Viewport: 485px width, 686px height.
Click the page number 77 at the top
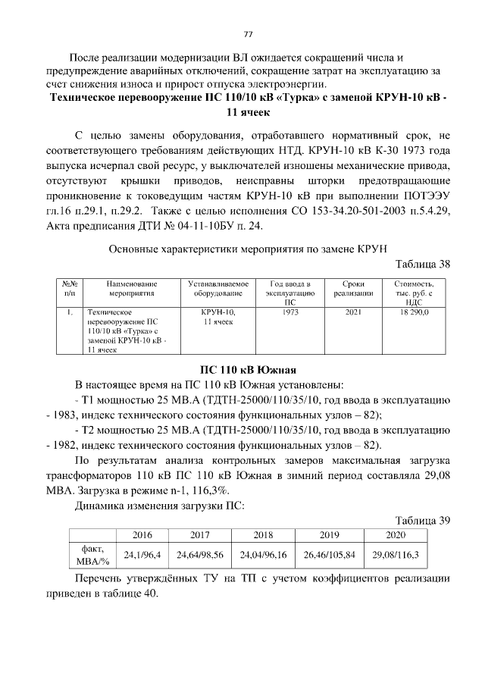click(247, 34)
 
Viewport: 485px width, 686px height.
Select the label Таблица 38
click(424, 264)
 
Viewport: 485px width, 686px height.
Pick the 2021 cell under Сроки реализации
click(353, 312)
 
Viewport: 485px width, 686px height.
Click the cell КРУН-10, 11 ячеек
click(218, 316)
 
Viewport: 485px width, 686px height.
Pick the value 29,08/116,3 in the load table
click(395, 555)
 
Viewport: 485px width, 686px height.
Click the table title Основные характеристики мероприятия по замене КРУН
click(248, 249)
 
